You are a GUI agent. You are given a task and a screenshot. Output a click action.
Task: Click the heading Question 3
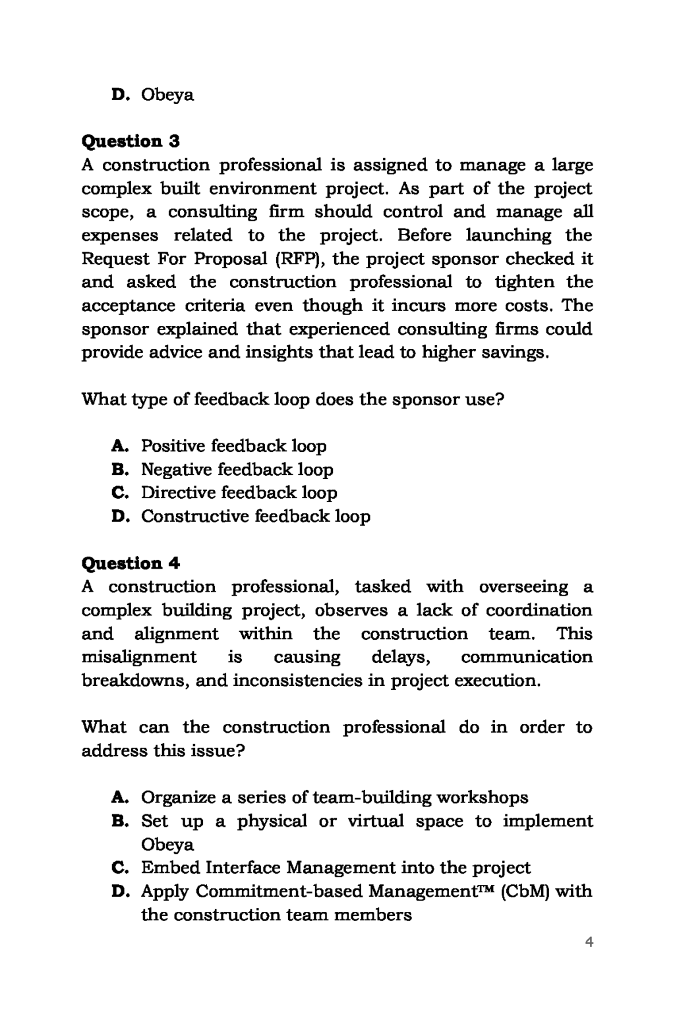tap(131, 141)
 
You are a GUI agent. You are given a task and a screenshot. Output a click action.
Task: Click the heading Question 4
tap(131, 563)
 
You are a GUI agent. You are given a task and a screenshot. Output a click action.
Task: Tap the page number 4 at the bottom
tap(589, 942)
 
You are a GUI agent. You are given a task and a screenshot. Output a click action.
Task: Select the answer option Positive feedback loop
tap(233, 446)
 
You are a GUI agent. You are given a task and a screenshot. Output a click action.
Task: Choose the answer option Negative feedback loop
tap(237, 470)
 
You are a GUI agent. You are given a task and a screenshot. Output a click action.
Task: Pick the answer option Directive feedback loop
tap(239, 493)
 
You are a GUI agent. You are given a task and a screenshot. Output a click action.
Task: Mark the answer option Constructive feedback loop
tap(255, 516)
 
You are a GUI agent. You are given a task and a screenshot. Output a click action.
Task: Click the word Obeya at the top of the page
tap(167, 95)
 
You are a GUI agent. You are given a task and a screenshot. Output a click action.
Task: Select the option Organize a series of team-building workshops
tap(334, 798)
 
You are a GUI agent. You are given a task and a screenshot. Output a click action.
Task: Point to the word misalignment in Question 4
tap(138, 657)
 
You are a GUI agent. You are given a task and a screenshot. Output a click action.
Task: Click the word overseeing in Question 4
tap(523, 586)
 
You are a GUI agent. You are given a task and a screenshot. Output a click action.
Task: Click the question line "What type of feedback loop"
tap(292, 399)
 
